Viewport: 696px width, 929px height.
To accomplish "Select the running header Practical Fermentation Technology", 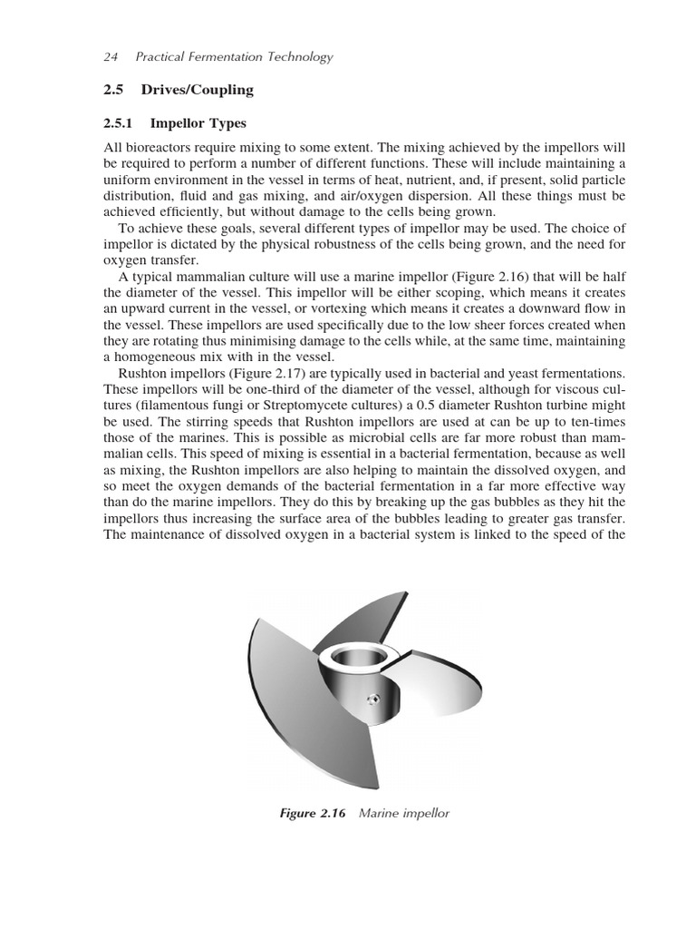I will [234, 57].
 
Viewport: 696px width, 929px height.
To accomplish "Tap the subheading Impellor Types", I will [198, 123].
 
